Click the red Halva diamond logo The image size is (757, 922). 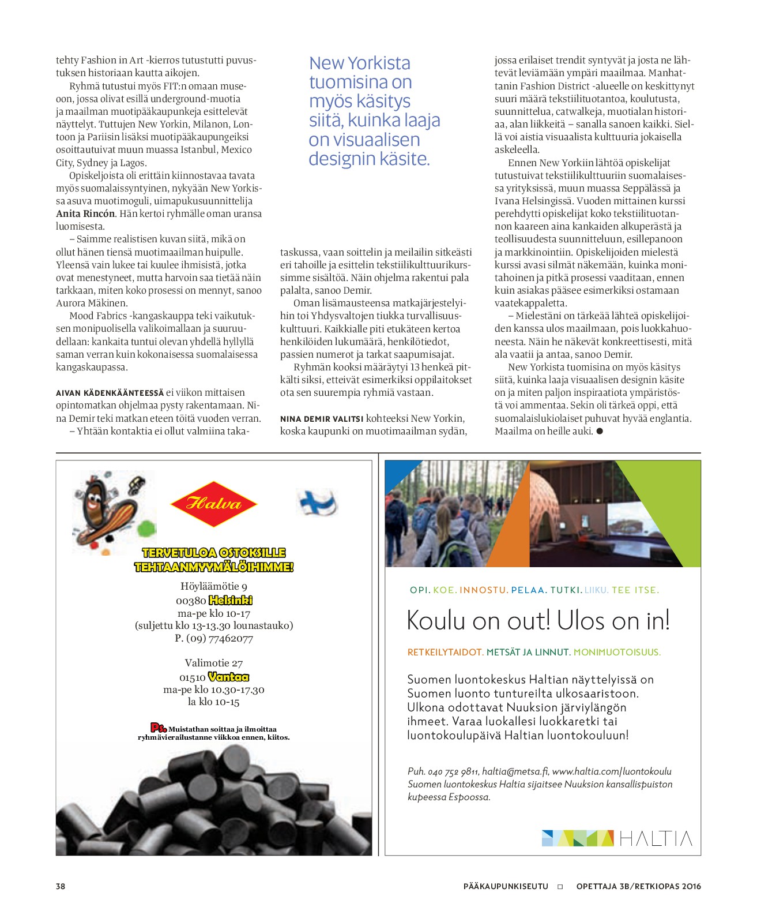[x=213, y=504]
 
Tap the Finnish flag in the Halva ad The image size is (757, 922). [x=317, y=502]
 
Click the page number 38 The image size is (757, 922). [x=61, y=886]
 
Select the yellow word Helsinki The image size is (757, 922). [x=231, y=600]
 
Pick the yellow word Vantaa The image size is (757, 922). [x=228, y=677]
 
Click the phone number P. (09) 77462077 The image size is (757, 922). [x=214, y=638]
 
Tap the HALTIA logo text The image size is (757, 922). [x=656, y=838]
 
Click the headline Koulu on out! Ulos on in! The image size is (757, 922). [x=538, y=621]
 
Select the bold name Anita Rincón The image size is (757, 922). [x=86, y=213]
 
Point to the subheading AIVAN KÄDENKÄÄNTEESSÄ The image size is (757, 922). [x=110, y=393]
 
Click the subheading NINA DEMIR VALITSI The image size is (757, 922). [x=322, y=419]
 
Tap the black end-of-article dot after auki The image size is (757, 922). [x=600, y=431]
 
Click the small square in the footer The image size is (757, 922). [x=560, y=887]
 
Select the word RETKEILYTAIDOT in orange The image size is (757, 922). [x=445, y=653]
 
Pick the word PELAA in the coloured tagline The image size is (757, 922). [x=528, y=590]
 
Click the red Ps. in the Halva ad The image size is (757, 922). [x=158, y=728]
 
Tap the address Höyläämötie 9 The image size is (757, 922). [x=214, y=586]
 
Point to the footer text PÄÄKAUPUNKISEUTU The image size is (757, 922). [x=506, y=886]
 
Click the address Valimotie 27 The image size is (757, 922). [x=214, y=663]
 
